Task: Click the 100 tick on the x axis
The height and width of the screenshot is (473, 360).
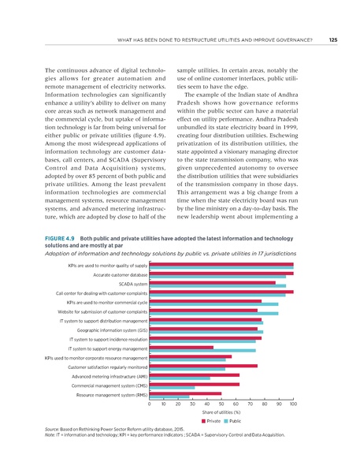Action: tap(293, 405)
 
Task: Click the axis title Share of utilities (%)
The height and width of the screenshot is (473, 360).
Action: tap(221, 414)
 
